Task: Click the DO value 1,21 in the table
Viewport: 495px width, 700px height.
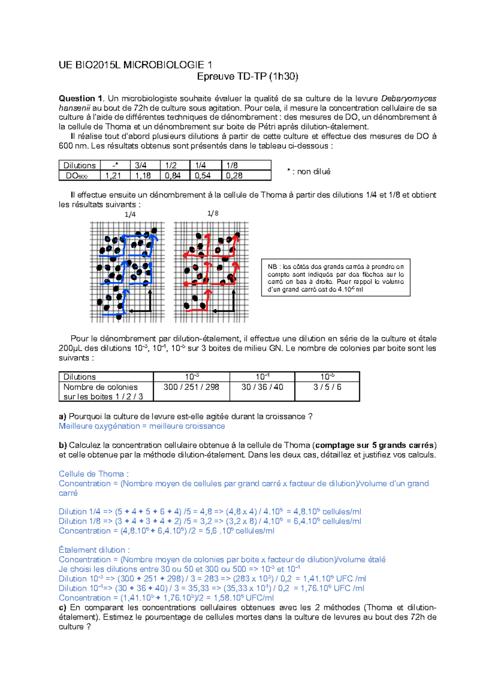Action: pyautogui.click(x=113, y=176)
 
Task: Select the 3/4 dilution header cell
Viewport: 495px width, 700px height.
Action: pyautogui.click(x=141, y=165)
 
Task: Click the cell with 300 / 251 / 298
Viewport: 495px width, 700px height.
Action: pyautogui.click(x=191, y=387)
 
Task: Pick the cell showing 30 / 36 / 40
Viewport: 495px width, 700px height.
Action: pyautogui.click(x=262, y=387)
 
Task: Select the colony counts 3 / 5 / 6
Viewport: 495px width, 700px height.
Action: pyautogui.click(x=327, y=387)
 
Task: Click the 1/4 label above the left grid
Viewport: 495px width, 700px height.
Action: pyautogui.click(x=130, y=214)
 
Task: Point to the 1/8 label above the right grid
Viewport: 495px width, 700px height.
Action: pyautogui.click(x=213, y=213)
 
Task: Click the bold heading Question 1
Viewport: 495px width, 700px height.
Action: pyautogui.click(x=81, y=99)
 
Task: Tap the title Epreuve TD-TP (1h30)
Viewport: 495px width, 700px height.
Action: pyautogui.click(x=247, y=77)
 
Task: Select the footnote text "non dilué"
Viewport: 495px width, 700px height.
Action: pyautogui.click(x=313, y=171)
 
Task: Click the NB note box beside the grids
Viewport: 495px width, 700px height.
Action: pyautogui.click(x=335, y=277)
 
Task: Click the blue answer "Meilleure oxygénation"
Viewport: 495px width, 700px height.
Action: pyautogui.click(x=99, y=426)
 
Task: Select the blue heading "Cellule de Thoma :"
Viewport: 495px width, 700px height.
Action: pyautogui.click(x=94, y=474)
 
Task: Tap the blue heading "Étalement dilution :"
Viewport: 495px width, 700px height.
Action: pyautogui.click(x=94, y=550)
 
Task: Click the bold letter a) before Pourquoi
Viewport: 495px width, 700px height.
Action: pyautogui.click(x=62, y=417)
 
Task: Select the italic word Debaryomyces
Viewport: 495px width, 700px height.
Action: pyautogui.click(x=408, y=99)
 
